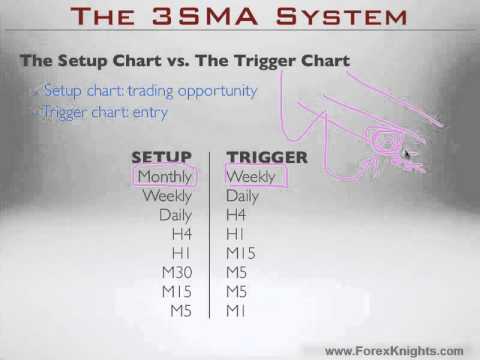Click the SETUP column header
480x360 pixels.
click(x=163, y=157)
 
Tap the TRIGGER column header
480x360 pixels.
click(x=267, y=157)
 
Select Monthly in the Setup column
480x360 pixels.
click(x=165, y=176)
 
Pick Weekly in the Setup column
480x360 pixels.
click(x=169, y=196)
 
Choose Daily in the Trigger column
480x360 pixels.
click(x=243, y=196)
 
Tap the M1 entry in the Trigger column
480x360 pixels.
click(x=237, y=311)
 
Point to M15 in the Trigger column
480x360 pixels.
click(x=241, y=254)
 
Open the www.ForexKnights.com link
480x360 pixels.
click(x=395, y=350)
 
